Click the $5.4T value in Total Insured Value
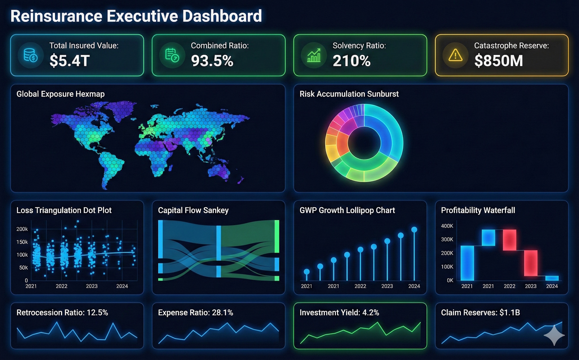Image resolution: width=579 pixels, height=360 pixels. click(69, 61)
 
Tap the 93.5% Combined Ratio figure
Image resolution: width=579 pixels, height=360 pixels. click(212, 61)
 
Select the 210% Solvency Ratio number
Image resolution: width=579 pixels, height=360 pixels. click(351, 61)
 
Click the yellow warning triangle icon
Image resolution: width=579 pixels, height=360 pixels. click(455, 55)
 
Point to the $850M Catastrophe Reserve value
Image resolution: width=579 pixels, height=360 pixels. click(498, 61)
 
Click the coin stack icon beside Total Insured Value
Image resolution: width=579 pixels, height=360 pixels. click(31, 55)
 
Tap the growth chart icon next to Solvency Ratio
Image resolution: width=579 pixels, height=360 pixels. click(314, 55)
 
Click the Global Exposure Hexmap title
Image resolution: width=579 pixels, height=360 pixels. click(60, 94)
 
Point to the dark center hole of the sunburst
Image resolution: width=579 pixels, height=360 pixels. click(364, 143)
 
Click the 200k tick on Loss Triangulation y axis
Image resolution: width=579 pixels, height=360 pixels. click(22, 229)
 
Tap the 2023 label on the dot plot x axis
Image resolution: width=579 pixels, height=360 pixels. click(91, 286)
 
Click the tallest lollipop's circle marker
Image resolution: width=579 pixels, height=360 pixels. click(414, 230)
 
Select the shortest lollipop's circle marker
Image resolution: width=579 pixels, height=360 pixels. click(306, 272)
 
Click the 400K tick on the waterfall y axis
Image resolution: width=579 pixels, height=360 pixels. click(447, 226)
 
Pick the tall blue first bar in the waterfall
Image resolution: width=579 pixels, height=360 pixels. click(467, 263)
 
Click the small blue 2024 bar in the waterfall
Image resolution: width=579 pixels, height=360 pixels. click(552, 278)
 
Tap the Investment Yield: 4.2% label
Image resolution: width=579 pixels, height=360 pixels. click(339, 312)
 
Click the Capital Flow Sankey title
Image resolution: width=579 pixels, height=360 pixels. click(193, 210)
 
